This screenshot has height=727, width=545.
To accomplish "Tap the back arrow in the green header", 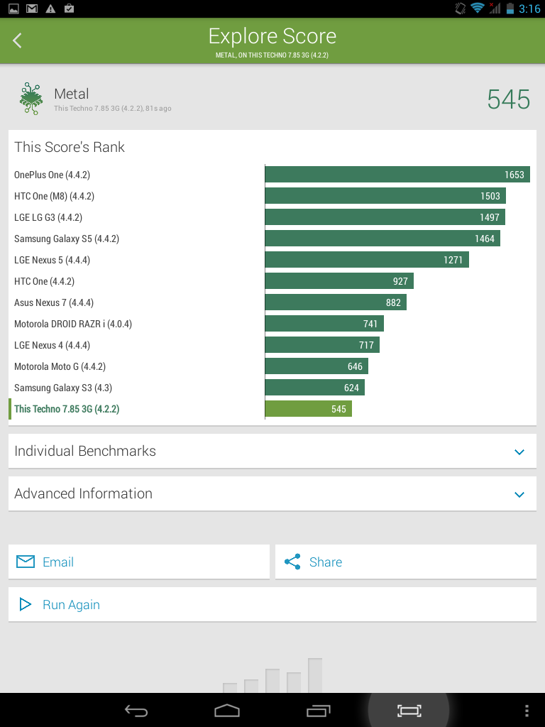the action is pyautogui.click(x=17, y=40).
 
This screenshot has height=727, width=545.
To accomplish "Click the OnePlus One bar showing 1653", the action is pyautogui.click(x=397, y=175).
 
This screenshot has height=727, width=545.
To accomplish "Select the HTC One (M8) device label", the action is pyautogui.click(x=54, y=196).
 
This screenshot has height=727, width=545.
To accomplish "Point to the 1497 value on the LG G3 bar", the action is pyautogui.click(x=490, y=217).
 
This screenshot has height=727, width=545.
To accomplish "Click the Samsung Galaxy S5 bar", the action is pyautogui.click(x=382, y=239).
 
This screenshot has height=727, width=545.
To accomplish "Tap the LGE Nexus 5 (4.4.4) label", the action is pyautogui.click(x=52, y=260).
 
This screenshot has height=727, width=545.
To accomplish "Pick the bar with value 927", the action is pyautogui.click(x=339, y=281).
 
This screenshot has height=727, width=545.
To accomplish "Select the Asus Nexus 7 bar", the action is pyautogui.click(x=336, y=302).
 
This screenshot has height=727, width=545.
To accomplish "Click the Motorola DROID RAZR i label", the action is pyautogui.click(x=73, y=324).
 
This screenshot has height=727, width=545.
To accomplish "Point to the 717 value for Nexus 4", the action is pyautogui.click(x=366, y=346).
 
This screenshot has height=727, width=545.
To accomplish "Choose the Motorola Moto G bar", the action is pyautogui.click(x=316, y=366).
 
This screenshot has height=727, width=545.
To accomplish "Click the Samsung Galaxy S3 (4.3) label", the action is pyautogui.click(x=63, y=388).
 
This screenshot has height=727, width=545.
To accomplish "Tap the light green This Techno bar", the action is pyautogui.click(x=308, y=409).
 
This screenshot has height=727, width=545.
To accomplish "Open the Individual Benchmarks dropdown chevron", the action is pyautogui.click(x=519, y=452).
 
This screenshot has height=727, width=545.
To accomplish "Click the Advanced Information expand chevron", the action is pyautogui.click(x=519, y=494).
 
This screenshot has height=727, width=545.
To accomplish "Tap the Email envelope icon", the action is pyautogui.click(x=26, y=562).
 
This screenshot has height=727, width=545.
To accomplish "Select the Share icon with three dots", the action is pyautogui.click(x=292, y=562).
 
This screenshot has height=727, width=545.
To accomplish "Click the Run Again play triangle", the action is pyautogui.click(x=25, y=605).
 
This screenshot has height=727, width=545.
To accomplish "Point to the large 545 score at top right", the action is pyautogui.click(x=508, y=99).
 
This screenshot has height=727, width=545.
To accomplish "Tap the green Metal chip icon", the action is pyautogui.click(x=31, y=98).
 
